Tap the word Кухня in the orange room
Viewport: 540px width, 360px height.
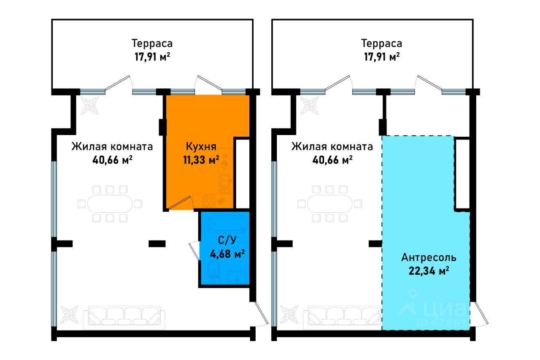pos(201,147)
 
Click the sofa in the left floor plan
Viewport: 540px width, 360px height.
pos(124,317)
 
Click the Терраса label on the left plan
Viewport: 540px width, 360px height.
pos(152,43)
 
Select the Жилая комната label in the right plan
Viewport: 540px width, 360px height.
pos(332,147)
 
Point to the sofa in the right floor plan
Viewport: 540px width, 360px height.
pos(344,317)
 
